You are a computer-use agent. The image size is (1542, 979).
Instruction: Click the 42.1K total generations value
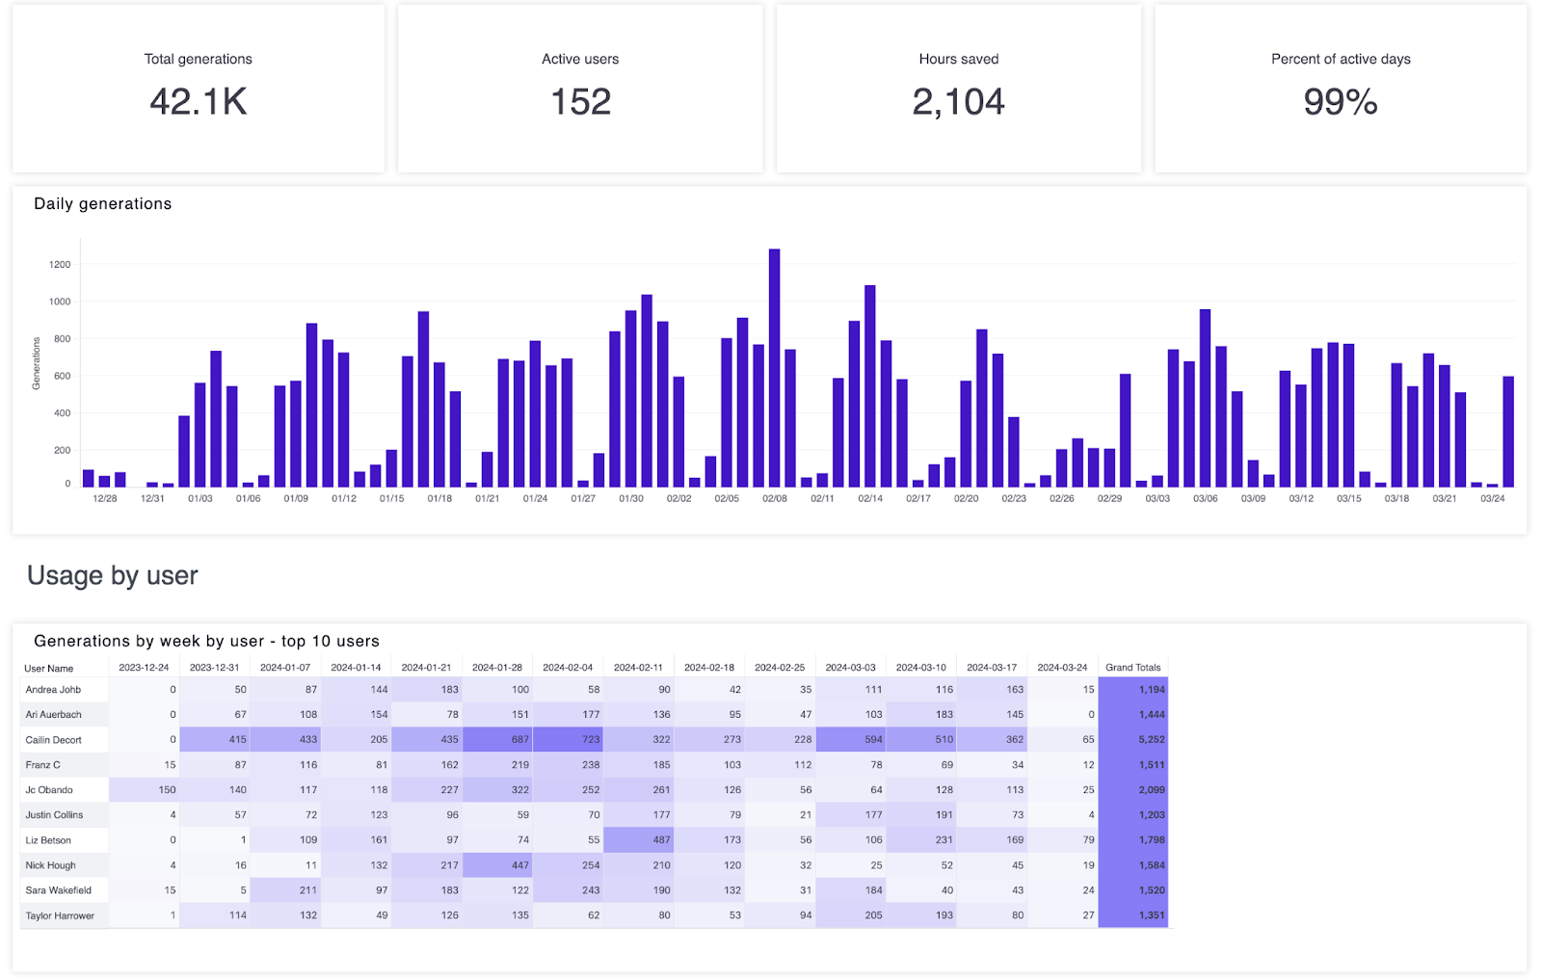tap(199, 102)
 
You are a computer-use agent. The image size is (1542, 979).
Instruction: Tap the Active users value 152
tap(580, 102)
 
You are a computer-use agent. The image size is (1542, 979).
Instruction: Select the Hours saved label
tap(958, 59)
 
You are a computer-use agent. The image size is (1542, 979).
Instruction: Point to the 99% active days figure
tap(1340, 102)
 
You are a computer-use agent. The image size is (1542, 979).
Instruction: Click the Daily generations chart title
tap(102, 203)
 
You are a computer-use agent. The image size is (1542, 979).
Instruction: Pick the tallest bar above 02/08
tap(774, 366)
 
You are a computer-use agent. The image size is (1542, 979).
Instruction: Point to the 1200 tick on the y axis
tap(60, 264)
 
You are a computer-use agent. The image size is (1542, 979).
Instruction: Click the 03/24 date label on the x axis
tap(1492, 498)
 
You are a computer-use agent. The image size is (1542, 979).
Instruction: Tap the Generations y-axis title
tap(37, 363)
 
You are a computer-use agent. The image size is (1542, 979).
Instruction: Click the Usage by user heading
tap(112, 575)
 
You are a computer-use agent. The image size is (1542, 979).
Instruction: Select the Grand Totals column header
tap(1132, 667)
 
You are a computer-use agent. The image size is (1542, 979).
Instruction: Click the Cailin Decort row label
tap(54, 740)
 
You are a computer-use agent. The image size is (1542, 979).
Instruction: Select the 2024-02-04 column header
tap(568, 667)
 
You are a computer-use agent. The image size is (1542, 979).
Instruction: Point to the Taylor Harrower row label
tap(60, 915)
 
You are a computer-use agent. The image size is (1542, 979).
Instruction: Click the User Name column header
tap(48, 668)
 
